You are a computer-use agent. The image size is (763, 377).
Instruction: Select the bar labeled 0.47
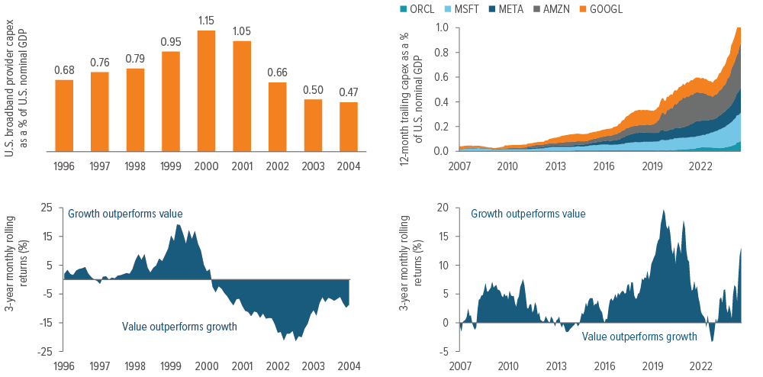point(348,126)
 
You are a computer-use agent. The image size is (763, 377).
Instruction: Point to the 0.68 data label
point(64,69)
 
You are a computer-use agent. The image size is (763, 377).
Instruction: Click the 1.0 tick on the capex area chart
point(443,27)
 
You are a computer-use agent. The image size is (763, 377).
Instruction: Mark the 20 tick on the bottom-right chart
point(443,207)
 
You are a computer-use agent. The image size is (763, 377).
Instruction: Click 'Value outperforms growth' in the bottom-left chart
point(179,327)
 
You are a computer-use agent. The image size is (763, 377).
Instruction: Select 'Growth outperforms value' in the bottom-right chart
point(528,214)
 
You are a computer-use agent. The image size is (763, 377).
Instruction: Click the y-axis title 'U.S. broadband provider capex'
point(9,89)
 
